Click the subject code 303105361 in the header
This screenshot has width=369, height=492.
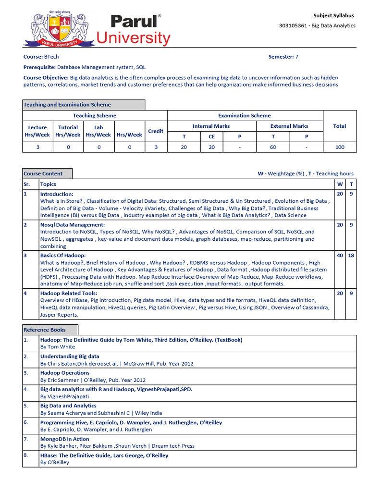coord(293,25)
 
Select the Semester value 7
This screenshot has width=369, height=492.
coord(296,57)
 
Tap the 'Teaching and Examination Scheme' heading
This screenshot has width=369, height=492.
coord(67,105)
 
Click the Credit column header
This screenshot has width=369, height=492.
coord(156,131)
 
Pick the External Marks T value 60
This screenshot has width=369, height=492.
coord(273,147)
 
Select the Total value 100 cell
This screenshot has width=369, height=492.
coord(340,147)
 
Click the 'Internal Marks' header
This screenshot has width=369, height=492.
coord(211,126)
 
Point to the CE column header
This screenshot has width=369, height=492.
coord(212,136)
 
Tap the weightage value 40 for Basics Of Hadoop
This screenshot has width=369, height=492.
coord(340,256)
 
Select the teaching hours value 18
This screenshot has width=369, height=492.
coord(351,256)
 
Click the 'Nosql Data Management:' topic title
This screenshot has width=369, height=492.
coord(73,225)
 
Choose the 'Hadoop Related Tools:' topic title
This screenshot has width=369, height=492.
coord(69,293)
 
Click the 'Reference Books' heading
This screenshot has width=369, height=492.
coord(45,330)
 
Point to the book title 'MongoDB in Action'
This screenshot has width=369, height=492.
coord(65,439)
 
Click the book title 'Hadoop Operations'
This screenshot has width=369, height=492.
coord(65,373)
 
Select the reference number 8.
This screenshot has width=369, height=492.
coord(26,455)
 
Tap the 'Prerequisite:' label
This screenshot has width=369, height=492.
coord(39,67)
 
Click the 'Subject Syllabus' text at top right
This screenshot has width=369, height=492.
coord(334,15)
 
